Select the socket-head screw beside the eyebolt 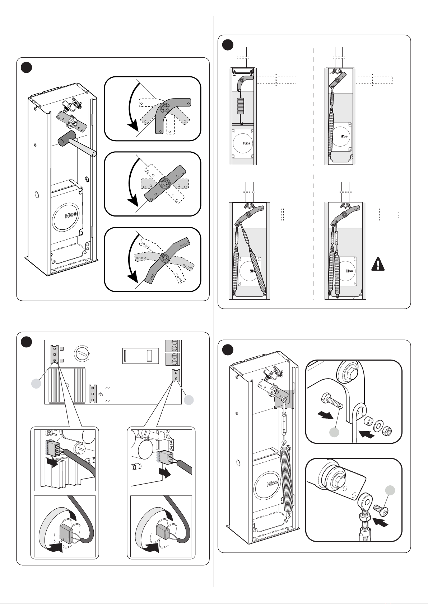pos(381,508)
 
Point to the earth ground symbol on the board pos(100,394)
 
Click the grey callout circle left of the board pos(36,384)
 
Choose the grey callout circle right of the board pos(189,400)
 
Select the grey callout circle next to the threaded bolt pos(334,433)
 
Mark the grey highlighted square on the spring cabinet pos(284,399)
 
